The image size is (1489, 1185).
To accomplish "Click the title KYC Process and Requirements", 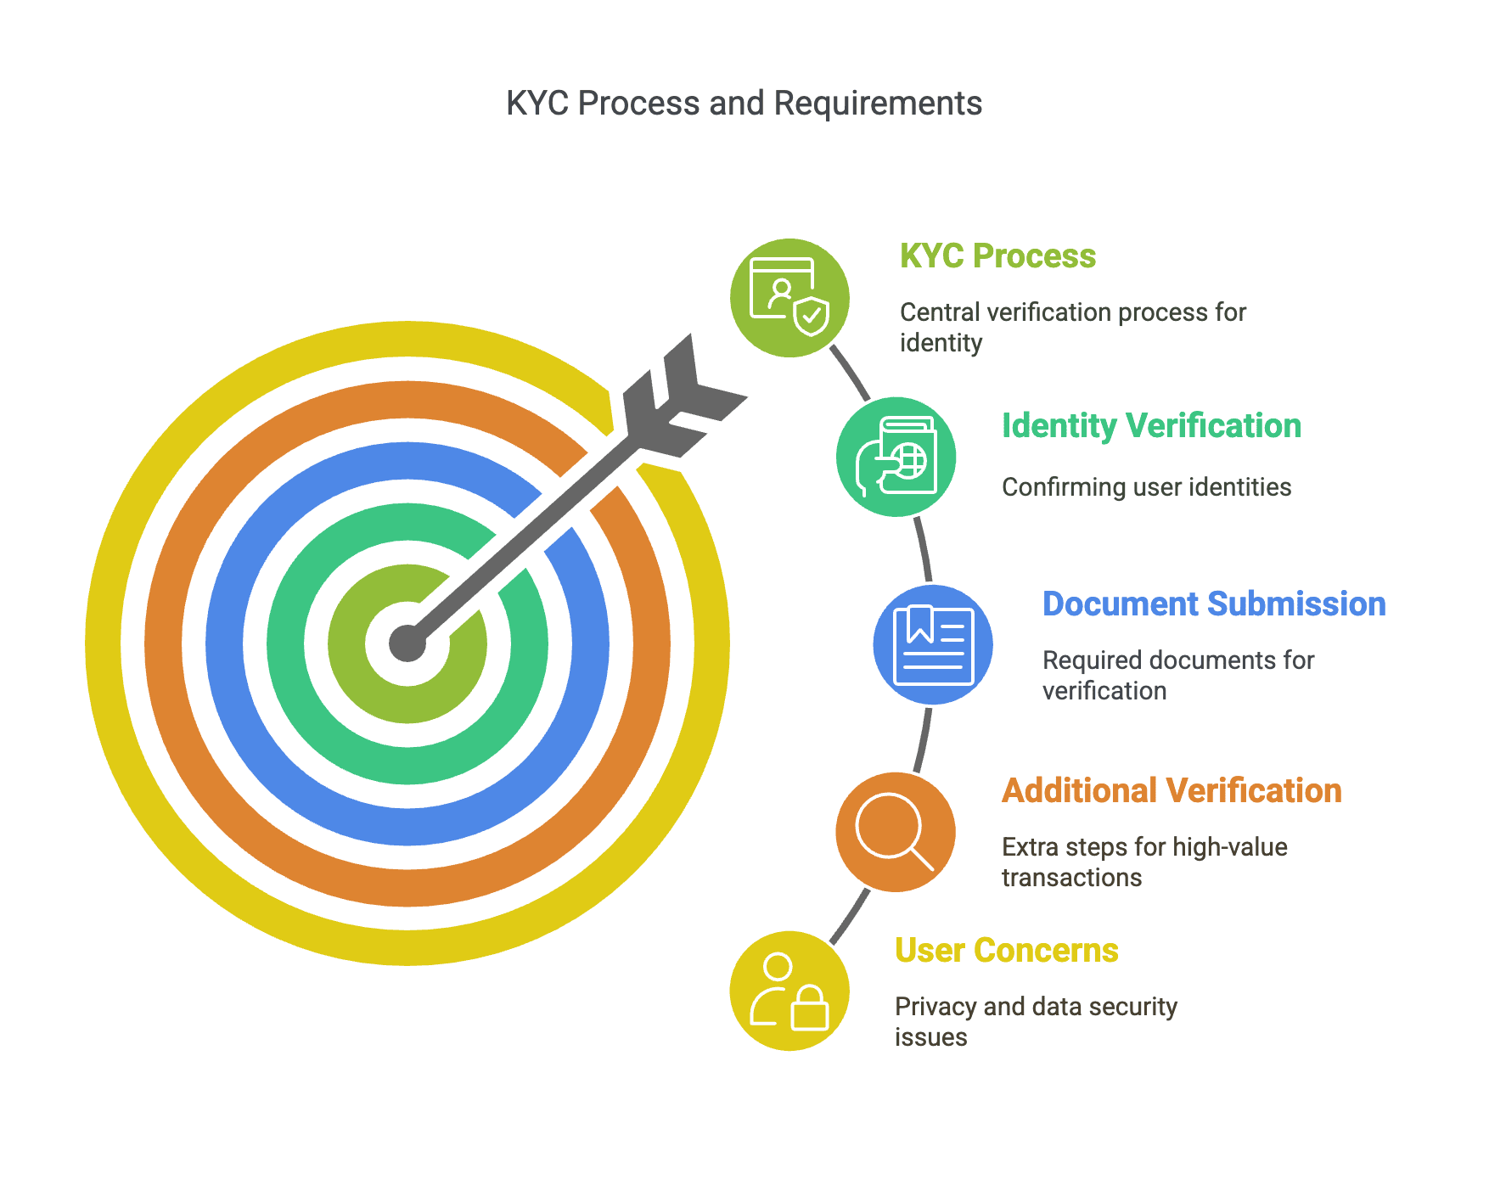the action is pyautogui.click(x=744, y=104).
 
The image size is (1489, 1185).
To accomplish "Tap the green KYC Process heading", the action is pyautogui.click(x=997, y=256).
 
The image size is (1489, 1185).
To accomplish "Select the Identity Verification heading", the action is pyautogui.click(x=1151, y=426).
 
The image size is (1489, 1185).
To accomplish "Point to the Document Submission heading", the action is pyautogui.click(x=1214, y=604).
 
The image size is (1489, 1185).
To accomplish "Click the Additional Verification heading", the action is pyautogui.click(x=1172, y=791).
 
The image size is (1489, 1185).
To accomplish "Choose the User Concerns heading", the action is pyautogui.click(x=1007, y=951).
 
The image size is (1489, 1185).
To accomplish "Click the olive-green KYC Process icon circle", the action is pyautogui.click(x=790, y=298).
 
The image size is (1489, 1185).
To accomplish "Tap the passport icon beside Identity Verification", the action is pyautogui.click(x=896, y=457).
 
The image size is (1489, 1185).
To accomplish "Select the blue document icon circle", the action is pyautogui.click(x=933, y=644).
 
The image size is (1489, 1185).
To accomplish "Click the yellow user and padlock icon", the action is pyautogui.click(x=789, y=991).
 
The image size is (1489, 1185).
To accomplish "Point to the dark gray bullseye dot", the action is pyautogui.click(x=407, y=643).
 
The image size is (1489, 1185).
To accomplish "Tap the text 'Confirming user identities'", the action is pyautogui.click(x=1146, y=487).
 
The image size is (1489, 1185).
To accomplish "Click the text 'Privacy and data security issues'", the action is pyautogui.click(x=1036, y=1022).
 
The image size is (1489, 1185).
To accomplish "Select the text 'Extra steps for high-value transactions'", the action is pyautogui.click(x=1144, y=862).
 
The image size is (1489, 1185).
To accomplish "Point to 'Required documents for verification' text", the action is pyautogui.click(x=1178, y=676).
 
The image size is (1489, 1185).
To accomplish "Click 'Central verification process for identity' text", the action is pyautogui.click(x=1073, y=328).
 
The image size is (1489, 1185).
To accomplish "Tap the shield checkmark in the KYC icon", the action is pyautogui.click(x=812, y=317).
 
